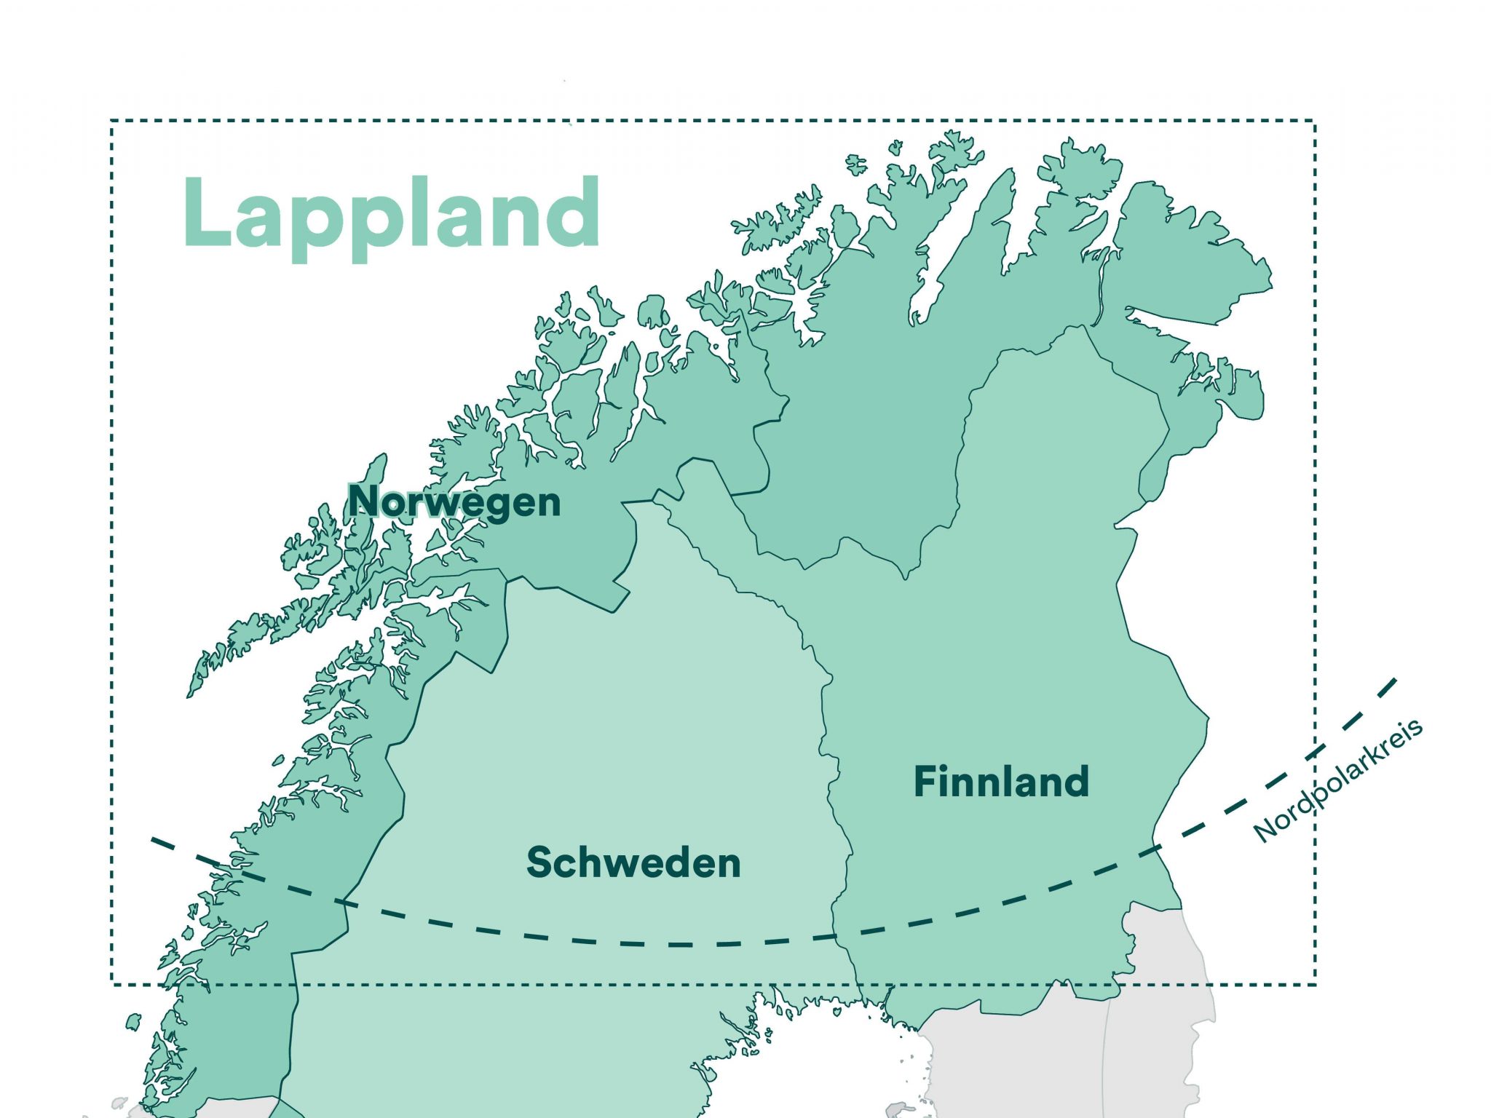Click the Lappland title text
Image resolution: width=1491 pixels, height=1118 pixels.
(x=392, y=215)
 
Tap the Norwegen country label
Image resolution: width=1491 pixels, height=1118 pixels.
(x=454, y=502)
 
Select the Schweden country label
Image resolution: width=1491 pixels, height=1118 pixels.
(x=633, y=863)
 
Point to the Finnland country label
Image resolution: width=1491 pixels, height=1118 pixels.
(x=1001, y=782)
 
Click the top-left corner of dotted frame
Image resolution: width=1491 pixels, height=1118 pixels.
(x=112, y=121)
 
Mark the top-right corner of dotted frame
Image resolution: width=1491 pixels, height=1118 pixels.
(x=1315, y=121)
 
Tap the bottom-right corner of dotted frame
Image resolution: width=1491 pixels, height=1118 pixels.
(x=1315, y=985)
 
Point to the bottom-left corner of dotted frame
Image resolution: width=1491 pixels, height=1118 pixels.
(x=112, y=985)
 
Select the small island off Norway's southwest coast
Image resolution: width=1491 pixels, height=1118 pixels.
(x=133, y=1022)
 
